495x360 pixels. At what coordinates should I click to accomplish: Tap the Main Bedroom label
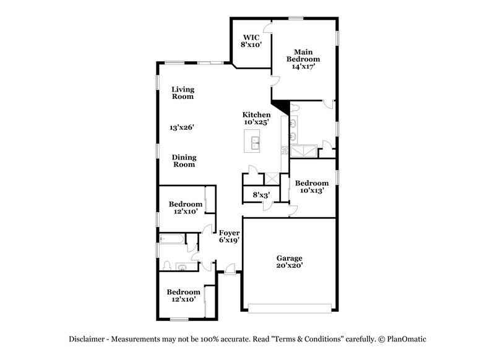[302, 59]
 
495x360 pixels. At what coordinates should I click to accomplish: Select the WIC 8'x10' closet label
[252, 41]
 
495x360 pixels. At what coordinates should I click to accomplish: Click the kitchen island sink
[254, 145]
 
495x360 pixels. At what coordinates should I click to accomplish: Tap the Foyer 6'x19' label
[229, 236]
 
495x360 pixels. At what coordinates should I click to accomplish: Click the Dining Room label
[183, 161]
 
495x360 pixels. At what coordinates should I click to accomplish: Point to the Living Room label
[183, 93]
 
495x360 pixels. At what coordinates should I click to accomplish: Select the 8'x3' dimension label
[260, 195]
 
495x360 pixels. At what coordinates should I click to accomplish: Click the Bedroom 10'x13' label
[311, 187]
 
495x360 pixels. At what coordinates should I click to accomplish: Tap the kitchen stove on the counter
[284, 150]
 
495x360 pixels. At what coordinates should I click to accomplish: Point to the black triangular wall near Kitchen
[280, 106]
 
